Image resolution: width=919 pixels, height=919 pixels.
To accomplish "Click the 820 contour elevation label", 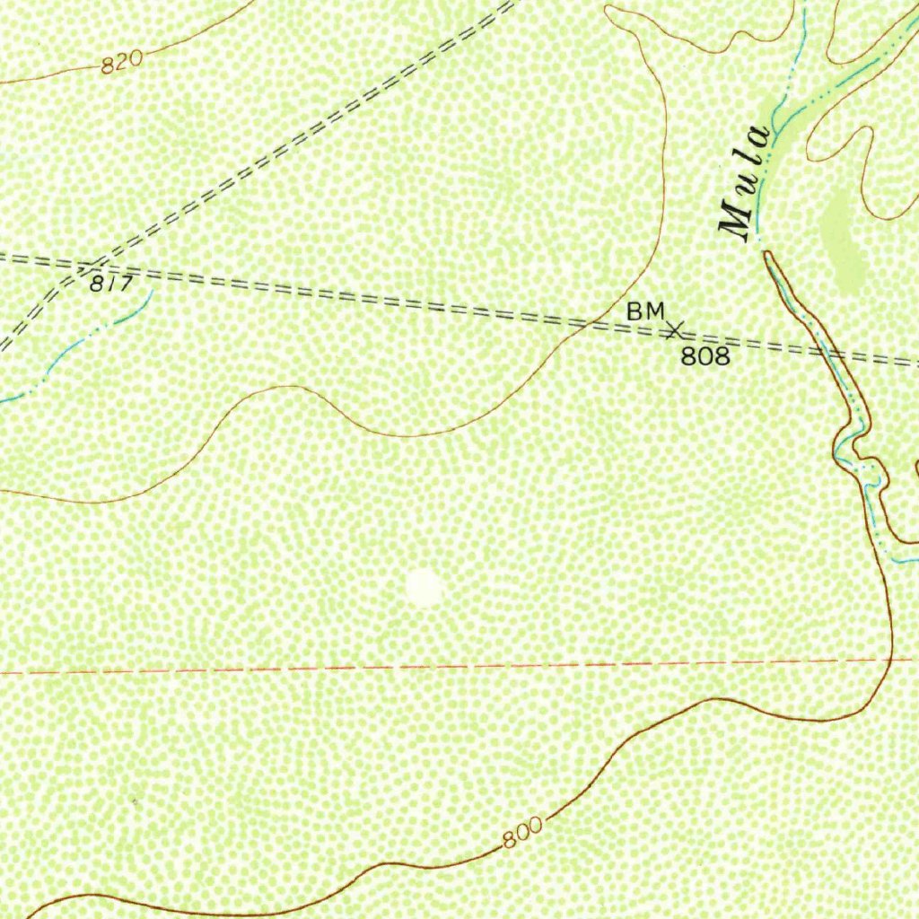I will tap(122, 63).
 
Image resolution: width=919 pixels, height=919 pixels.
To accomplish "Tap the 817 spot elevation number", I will tap(112, 284).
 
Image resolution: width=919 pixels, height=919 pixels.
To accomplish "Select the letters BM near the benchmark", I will tap(645, 311).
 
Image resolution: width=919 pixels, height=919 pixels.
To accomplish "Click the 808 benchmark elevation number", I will tap(705, 356).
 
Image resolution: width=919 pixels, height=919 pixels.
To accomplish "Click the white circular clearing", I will tap(424, 588).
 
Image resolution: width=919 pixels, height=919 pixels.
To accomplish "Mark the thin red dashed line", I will tap(359, 669).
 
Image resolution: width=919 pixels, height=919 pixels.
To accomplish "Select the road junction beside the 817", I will tap(88, 267).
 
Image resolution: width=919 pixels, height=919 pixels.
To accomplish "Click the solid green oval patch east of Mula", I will tap(842, 238).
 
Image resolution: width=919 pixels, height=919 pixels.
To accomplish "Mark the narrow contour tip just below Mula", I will tap(767, 255).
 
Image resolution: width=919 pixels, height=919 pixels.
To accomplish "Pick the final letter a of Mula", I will tap(760, 137).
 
